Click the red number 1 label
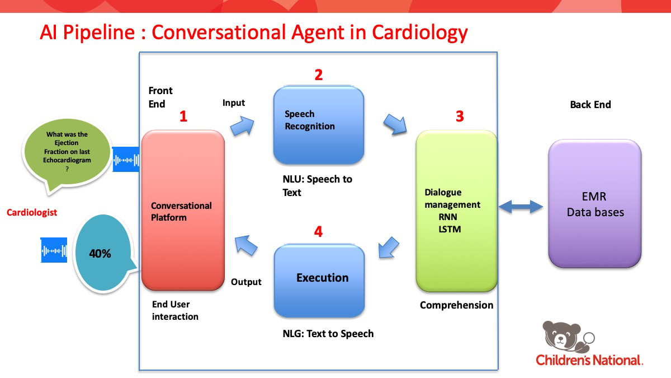point(183,116)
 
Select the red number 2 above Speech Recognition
point(318,75)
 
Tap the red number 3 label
point(460,116)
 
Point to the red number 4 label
point(318,231)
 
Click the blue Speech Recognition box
point(319,125)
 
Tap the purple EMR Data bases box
point(594,204)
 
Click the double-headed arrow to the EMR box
point(521,208)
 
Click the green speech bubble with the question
point(68,154)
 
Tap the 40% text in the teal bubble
point(100,254)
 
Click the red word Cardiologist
point(32,213)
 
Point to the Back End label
point(590,105)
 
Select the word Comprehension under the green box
point(456,305)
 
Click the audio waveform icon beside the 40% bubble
point(54,250)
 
